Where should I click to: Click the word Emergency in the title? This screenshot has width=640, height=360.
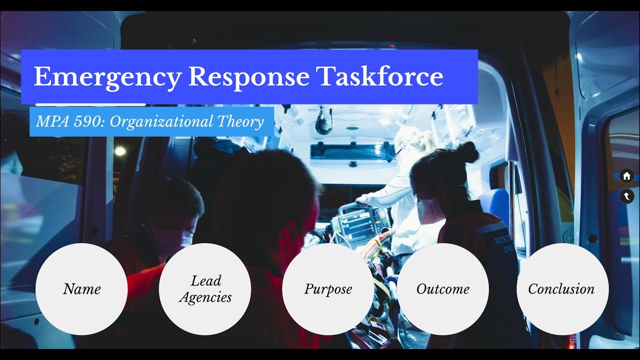click(107, 76)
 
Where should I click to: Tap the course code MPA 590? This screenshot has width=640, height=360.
click(67, 121)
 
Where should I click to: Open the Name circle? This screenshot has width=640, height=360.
click(81, 289)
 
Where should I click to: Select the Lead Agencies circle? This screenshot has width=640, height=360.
click(205, 289)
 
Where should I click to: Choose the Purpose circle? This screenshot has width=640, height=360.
click(328, 289)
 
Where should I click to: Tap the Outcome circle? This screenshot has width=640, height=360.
click(443, 289)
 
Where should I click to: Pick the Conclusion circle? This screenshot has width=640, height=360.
click(562, 289)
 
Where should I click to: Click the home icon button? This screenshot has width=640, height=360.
click(626, 176)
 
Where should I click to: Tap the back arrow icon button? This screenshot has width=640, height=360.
click(626, 196)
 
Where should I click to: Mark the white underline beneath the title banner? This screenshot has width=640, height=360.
click(90, 104)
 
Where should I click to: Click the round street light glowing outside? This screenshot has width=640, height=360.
click(119, 151)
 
